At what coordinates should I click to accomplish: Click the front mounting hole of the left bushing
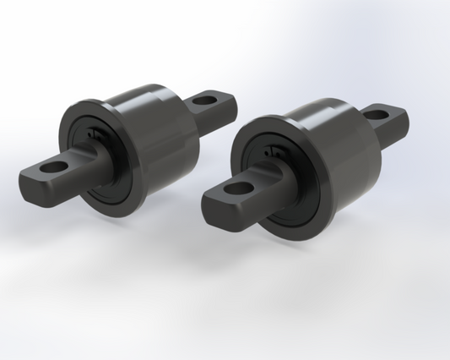(56, 167)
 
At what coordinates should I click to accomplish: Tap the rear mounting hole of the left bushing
(203, 101)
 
